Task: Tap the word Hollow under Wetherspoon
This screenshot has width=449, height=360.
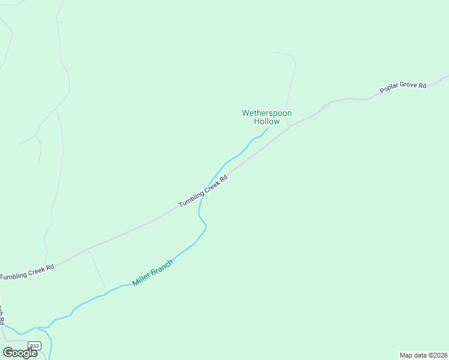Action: pyautogui.click(x=267, y=122)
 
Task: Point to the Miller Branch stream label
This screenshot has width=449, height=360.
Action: pyautogui.click(x=153, y=272)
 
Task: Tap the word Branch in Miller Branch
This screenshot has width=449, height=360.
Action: pyautogui.click(x=163, y=266)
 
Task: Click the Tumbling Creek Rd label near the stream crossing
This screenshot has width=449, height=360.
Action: pyautogui.click(x=203, y=192)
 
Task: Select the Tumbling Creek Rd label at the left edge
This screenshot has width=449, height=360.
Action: pyautogui.click(x=27, y=272)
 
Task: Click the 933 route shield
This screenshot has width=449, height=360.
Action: pyautogui.click(x=35, y=346)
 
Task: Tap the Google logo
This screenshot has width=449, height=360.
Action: pyautogui.click(x=20, y=352)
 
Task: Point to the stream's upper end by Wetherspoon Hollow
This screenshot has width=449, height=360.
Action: pyautogui.click(x=268, y=127)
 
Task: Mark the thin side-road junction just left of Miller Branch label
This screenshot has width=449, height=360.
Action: pyautogui.click(x=88, y=249)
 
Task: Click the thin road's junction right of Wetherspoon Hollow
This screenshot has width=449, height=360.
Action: pyautogui.click(x=289, y=126)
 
